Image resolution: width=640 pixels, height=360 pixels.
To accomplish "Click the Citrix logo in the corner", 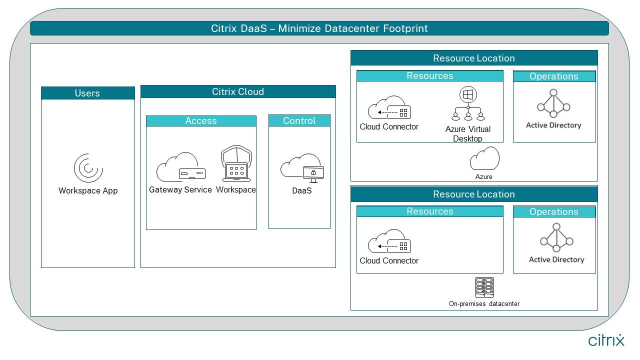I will click(606, 340).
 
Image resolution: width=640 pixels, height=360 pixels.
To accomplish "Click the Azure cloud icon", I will click(484, 159).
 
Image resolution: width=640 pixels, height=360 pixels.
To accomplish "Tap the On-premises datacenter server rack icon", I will click(484, 287).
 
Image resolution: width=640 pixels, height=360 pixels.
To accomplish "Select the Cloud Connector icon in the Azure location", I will click(389, 108).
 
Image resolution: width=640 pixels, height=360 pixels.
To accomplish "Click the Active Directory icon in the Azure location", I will click(553, 103).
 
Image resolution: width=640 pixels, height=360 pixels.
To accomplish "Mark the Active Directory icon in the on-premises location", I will click(556, 237).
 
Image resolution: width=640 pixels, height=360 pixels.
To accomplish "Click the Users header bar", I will click(87, 93).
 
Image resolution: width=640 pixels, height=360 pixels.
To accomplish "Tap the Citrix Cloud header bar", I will click(238, 92).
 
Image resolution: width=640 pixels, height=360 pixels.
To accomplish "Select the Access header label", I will click(201, 121).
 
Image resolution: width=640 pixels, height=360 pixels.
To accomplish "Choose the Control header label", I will click(299, 121).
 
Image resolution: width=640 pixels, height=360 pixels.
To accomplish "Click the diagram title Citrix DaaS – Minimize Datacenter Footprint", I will click(319, 28).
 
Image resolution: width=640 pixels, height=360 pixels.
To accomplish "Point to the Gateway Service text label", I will click(180, 190).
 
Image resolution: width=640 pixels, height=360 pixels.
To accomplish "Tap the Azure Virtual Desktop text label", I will click(468, 134).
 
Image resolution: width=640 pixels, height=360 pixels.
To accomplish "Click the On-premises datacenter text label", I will click(484, 303).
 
